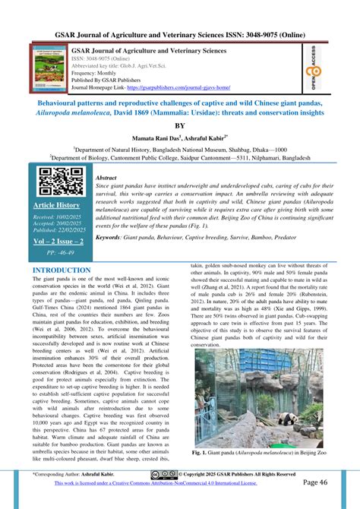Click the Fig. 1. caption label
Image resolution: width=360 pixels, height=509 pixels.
(x=202, y=453)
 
